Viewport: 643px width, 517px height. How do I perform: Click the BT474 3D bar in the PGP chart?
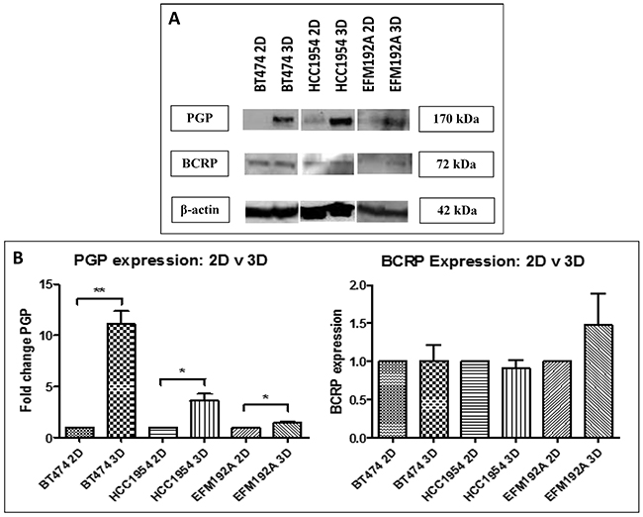(122, 380)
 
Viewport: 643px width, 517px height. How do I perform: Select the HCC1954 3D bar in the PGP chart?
(205, 419)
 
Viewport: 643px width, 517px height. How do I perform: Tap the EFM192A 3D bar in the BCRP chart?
(598, 381)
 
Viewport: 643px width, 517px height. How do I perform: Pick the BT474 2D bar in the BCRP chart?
(393, 399)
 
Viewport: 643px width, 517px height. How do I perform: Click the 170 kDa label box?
(456, 119)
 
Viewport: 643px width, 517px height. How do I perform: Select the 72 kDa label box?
(456, 164)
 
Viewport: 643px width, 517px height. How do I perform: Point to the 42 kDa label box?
(456, 210)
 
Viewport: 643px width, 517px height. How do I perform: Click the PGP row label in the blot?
(200, 118)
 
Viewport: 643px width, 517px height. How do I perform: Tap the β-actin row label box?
(200, 210)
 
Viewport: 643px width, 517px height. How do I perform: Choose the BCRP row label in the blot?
(200, 163)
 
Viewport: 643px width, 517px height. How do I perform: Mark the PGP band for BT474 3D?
(283, 120)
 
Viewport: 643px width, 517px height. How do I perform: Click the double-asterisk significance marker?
(100, 291)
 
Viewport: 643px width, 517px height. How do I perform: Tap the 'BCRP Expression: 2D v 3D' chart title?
(483, 261)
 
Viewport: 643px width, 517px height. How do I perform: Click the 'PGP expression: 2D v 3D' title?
(170, 260)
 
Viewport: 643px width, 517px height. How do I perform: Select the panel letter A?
(174, 20)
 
